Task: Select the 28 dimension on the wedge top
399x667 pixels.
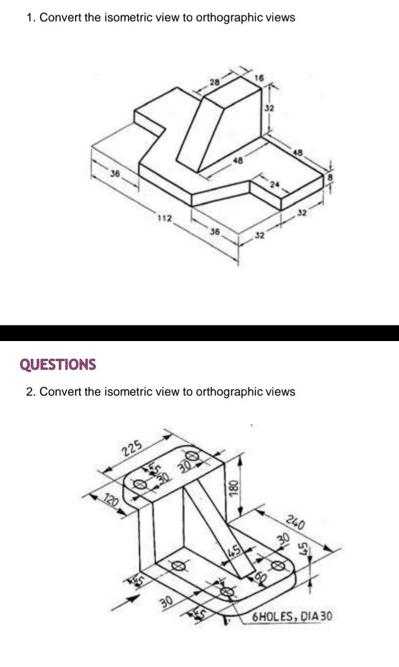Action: click(x=215, y=82)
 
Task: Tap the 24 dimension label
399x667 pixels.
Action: click(x=276, y=185)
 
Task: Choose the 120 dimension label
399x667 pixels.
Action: click(x=111, y=501)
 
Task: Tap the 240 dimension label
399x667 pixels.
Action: click(x=296, y=523)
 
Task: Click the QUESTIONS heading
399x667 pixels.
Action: click(x=58, y=365)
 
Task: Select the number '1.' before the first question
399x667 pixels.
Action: click(x=31, y=18)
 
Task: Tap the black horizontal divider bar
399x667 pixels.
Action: click(x=199, y=333)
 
